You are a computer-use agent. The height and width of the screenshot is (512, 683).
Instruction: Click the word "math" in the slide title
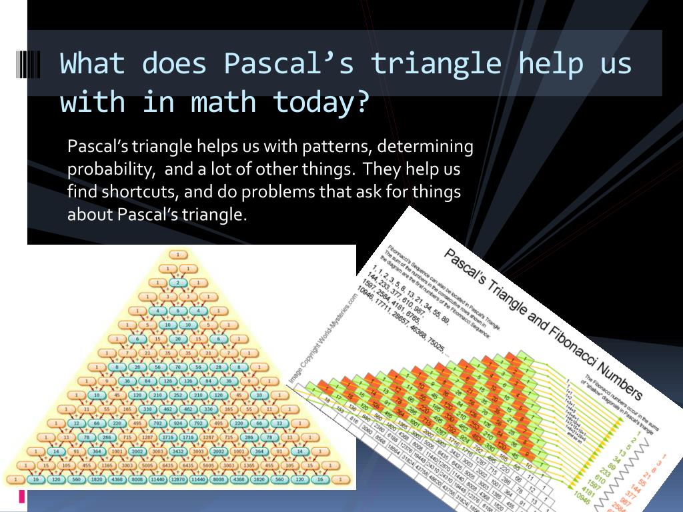click(x=223, y=102)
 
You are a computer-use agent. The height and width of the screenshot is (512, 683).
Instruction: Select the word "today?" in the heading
click(x=321, y=102)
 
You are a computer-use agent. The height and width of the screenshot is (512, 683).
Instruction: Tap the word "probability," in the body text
click(x=109, y=169)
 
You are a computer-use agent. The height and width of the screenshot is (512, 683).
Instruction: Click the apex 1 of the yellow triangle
click(x=178, y=254)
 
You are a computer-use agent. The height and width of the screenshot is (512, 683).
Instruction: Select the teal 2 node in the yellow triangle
click(x=178, y=282)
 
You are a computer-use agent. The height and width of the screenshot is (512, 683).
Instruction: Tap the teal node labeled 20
click(x=178, y=338)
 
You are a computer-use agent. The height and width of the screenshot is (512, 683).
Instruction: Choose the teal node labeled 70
click(x=178, y=367)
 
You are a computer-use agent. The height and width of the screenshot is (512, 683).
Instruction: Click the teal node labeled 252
click(x=178, y=395)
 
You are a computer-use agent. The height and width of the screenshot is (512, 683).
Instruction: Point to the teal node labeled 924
click(x=178, y=423)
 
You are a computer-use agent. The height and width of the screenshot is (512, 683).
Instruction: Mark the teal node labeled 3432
click(x=178, y=451)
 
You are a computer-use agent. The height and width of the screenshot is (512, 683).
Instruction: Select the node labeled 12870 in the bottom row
click(x=178, y=479)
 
